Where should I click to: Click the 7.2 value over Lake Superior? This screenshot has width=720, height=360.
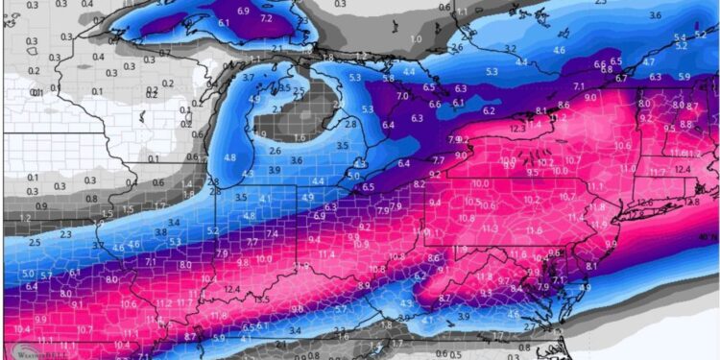point(266,18)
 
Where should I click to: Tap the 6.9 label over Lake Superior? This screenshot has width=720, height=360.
point(242,11)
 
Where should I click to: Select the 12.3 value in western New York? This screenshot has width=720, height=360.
point(517,128)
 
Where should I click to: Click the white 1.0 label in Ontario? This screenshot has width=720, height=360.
point(415,38)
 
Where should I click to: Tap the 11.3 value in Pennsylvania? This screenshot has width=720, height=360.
point(490,228)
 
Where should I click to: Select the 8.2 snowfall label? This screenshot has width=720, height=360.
point(419,183)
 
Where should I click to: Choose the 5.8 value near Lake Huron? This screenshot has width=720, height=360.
point(387,78)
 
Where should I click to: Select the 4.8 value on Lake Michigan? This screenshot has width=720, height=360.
point(229,157)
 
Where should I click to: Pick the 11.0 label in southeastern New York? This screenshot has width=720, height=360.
point(628,168)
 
